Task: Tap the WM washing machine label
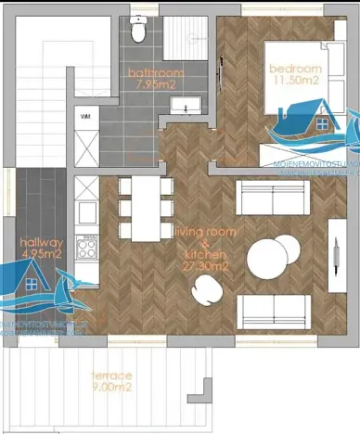tap(85, 118)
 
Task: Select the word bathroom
tap(156, 72)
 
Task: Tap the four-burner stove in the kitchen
tap(87, 247)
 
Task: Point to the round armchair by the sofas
tap(203, 293)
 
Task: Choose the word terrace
tap(110, 375)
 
